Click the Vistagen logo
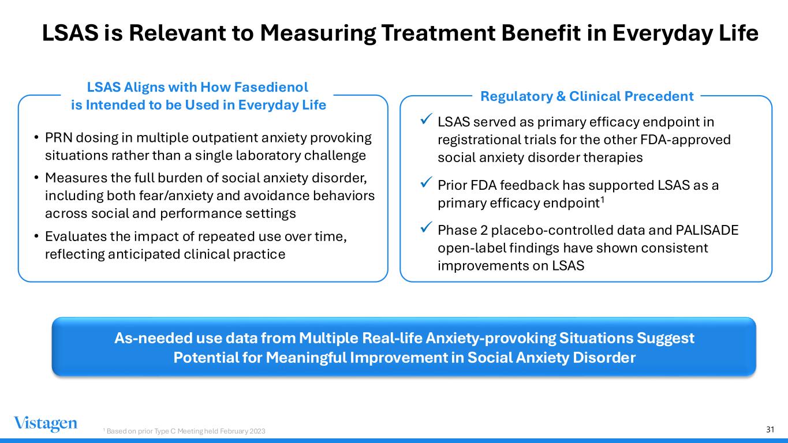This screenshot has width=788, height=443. [46, 424]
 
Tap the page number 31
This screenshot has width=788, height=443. [770, 429]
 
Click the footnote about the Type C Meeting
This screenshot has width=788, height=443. [184, 431]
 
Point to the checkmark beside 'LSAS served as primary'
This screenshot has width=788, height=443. [426, 119]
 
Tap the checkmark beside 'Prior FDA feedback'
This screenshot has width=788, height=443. [426, 182]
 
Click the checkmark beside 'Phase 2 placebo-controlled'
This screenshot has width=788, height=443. [426, 227]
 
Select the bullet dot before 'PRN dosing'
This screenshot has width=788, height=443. [36, 137]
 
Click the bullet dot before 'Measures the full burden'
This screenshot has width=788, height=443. [36, 178]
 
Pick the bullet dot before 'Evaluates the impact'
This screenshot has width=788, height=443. [36, 236]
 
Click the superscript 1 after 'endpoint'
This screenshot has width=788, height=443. [602, 200]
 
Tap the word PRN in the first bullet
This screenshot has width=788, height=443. [59, 138]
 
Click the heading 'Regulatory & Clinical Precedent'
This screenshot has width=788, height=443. [587, 96]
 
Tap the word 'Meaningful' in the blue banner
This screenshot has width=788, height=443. [306, 358]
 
